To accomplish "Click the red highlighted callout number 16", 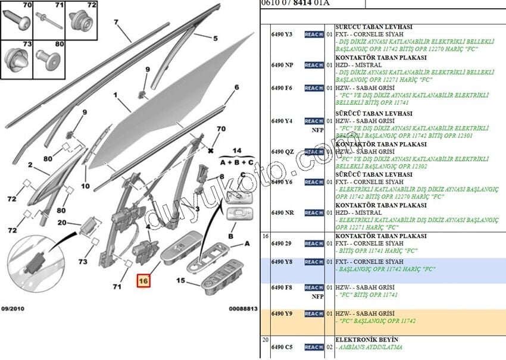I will pos(143,280).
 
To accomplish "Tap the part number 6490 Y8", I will pos(282,262).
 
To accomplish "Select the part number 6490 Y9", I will pos(282,314).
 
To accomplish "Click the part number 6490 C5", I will pos(282,347).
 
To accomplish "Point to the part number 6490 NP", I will pos(282,65).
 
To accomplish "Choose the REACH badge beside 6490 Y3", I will pos(314,35).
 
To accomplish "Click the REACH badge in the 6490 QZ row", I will pos(314,152).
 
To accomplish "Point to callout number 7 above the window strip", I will pos(117,23).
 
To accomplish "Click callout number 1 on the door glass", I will pos(116,95).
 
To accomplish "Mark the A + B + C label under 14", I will pos(236,162).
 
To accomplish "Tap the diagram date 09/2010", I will pos(13,309).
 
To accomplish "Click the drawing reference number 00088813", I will pos(243,309).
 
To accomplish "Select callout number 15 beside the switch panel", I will pos(181,280).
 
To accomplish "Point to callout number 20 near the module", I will pos(61,223).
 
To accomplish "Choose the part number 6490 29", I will pos(282,243).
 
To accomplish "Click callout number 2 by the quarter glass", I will pos(29,164).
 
